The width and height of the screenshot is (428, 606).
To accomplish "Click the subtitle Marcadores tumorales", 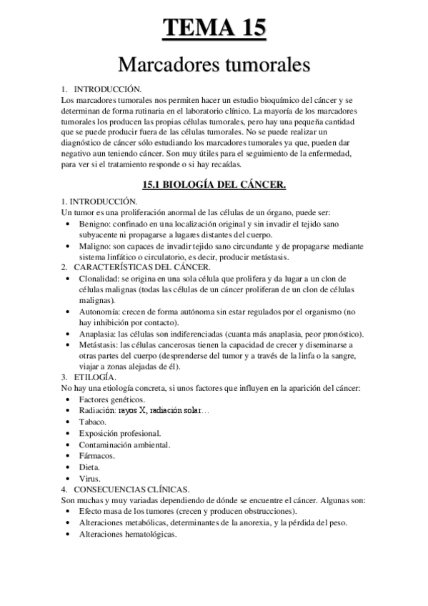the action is point(214,66).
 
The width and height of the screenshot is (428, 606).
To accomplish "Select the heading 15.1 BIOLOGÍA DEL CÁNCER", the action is point(214,184).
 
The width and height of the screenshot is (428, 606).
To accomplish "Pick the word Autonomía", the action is point(100,312).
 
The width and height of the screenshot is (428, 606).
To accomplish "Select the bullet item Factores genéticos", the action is point(112,399).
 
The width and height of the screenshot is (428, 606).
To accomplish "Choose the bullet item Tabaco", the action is point(93,422).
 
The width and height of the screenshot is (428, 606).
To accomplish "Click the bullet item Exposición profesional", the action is point(120,433).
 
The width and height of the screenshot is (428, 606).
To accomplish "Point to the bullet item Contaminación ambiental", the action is point(124,444).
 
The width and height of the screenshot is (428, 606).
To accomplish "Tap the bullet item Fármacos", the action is point(97,455).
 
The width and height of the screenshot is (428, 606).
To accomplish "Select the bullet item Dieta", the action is point(90,467).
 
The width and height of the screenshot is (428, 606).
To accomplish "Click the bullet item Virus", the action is point(90,477).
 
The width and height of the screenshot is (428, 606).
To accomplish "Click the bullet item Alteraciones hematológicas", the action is point(128,534).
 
